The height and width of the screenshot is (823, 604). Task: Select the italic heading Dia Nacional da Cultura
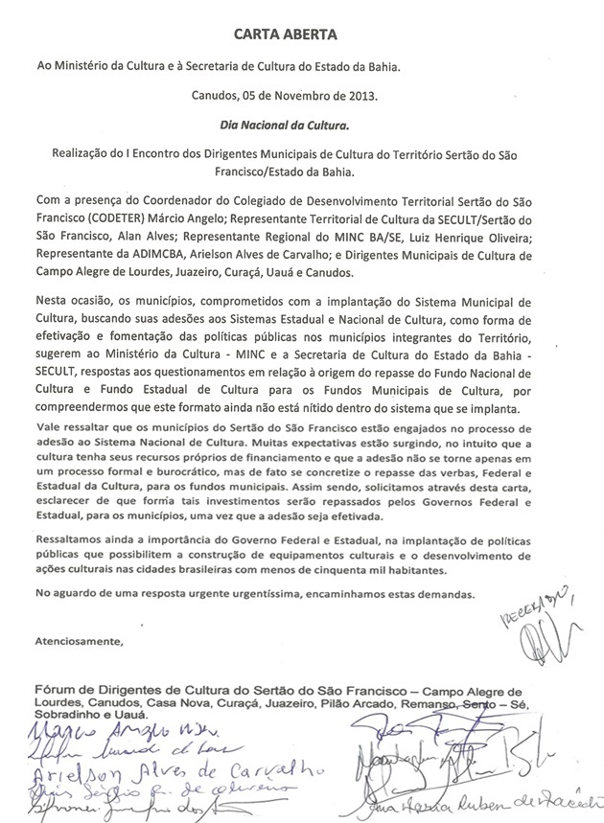pyautogui.click(x=302, y=124)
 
